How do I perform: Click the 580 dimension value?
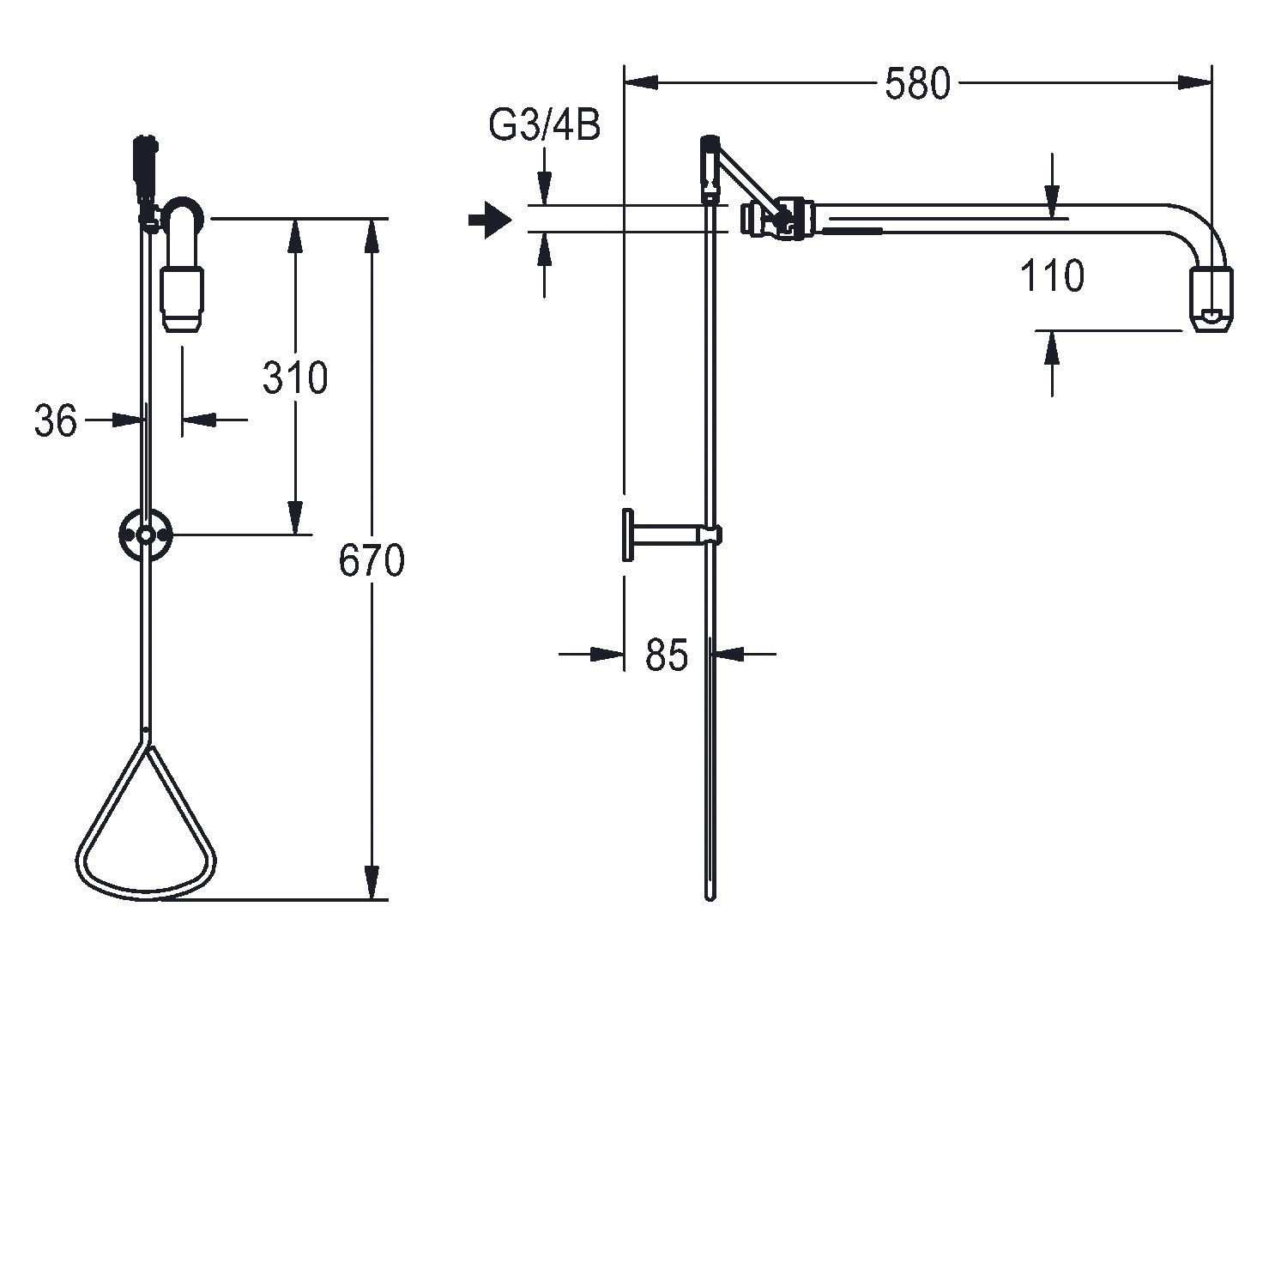point(917,85)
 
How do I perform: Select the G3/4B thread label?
point(544,125)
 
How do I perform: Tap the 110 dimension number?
point(1052,276)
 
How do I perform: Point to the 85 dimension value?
point(667,656)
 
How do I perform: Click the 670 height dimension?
point(371,561)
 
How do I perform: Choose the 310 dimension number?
point(295,378)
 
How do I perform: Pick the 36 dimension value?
point(56,420)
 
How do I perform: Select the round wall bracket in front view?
point(147,535)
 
